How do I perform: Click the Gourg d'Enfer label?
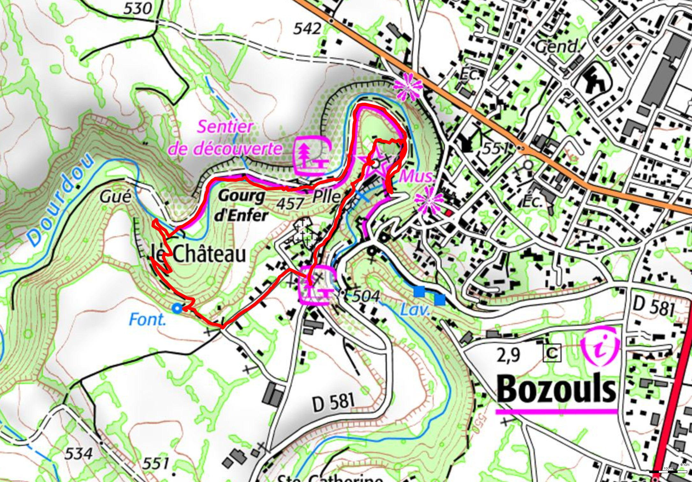[x=242, y=206]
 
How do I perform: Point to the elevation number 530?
[x=138, y=9]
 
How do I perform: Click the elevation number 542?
[x=307, y=29]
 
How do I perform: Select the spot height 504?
[x=366, y=296]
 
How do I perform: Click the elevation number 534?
[x=78, y=453]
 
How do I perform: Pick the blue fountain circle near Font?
[x=177, y=308]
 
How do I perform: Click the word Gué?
[x=115, y=197]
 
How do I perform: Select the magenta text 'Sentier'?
[x=225, y=127]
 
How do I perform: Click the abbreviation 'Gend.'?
[x=557, y=47]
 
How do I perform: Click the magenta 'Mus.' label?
[x=417, y=176]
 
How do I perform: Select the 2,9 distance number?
[x=508, y=354]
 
